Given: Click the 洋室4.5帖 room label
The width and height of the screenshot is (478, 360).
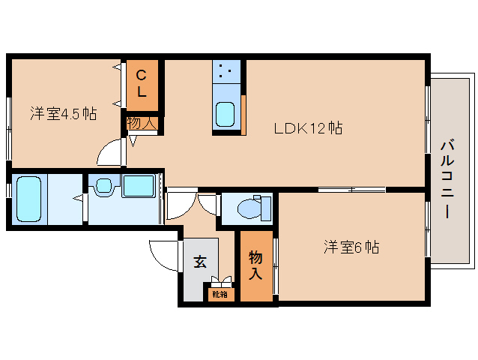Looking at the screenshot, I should [x=63, y=114].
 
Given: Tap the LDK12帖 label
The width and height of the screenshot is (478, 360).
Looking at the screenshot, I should [x=308, y=128].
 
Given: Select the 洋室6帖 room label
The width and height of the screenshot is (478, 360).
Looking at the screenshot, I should [x=351, y=247].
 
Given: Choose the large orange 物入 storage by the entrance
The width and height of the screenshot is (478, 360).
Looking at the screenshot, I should [x=255, y=266].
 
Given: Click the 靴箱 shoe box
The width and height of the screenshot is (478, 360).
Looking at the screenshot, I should [x=220, y=294].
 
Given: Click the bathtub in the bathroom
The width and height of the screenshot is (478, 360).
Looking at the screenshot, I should [x=28, y=199].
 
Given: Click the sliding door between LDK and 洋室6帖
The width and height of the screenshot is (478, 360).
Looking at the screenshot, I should [x=352, y=189].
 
